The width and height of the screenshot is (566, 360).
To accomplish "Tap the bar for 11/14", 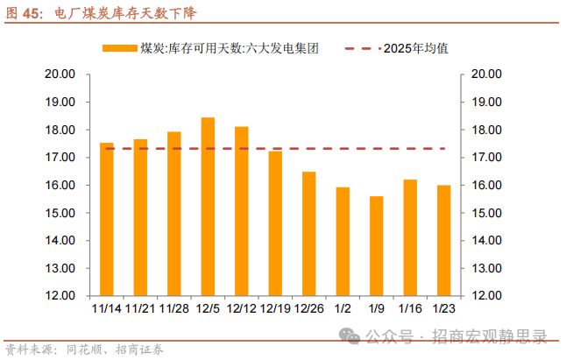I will click(x=107, y=219).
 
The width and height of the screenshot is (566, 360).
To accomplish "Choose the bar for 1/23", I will click(x=443, y=240).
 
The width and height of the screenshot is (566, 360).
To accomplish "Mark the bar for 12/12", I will click(x=241, y=211).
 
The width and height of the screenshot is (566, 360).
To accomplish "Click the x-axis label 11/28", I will click(x=173, y=308).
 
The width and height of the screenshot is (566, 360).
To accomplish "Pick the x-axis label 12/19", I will click(x=275, y=308).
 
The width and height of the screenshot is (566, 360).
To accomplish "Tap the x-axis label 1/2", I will click(x=343, y=308).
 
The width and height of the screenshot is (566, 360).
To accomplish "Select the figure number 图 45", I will click(x=25, y=13).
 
